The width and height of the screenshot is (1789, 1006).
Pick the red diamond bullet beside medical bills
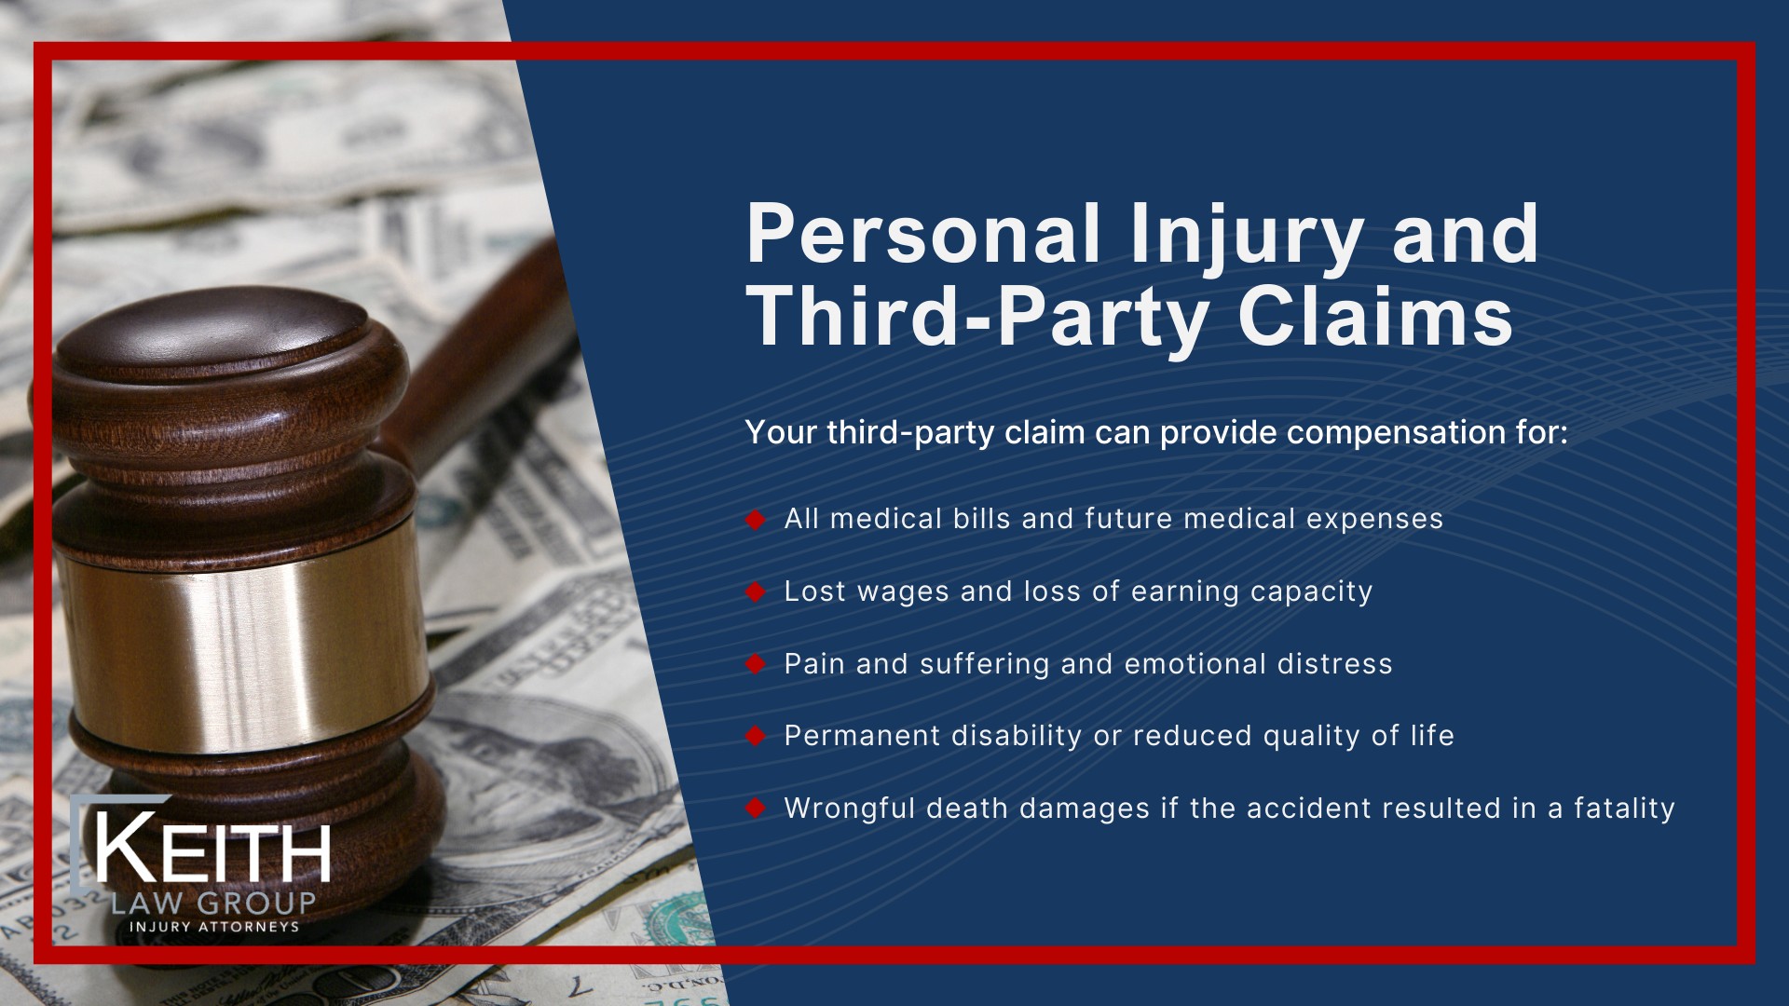[x=755, y=520]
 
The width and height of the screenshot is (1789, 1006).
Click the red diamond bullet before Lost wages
[x=755, y=592]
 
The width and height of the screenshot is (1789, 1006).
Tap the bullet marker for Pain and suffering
[x=755, y=664]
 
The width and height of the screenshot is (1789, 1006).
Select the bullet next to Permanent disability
[x=755, y=737]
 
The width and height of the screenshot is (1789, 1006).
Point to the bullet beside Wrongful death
[x=755, y=809]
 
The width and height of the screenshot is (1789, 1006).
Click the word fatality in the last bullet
[x=1624, y=809]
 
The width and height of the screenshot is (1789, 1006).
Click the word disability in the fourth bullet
[x=1017, y=737]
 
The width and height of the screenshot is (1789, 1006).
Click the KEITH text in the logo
[x=212, y=850]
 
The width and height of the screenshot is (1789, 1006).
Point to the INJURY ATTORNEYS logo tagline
[x=214, y=927]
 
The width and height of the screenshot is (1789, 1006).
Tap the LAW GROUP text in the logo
[x=213, y=903]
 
